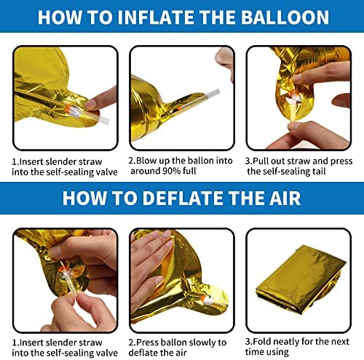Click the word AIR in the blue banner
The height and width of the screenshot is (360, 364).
coord(285,198)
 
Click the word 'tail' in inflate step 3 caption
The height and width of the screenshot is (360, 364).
coord(319,171)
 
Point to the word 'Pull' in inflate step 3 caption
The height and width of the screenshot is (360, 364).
coord(261,161)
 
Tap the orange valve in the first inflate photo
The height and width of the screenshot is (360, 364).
coord(67,110)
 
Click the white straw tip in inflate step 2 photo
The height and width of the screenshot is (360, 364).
coord(213,93)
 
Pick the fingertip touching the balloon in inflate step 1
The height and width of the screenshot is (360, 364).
coord(90,105)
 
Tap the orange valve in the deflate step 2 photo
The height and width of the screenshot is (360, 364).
coord(203,297)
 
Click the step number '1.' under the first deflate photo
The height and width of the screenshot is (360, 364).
coord(15,343)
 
